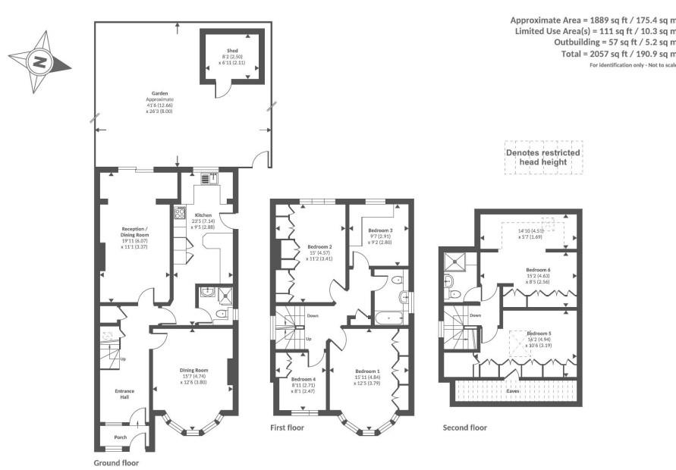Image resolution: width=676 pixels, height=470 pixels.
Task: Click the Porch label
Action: (120, 437)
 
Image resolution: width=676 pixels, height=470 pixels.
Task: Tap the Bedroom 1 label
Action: (366, 371)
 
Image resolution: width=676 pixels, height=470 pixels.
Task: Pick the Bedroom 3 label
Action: (380, 230)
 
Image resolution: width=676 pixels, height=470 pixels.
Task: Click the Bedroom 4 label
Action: (303, 379)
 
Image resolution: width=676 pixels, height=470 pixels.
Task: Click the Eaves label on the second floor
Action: (513, 392)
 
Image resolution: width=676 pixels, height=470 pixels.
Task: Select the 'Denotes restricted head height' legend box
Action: (542, 158)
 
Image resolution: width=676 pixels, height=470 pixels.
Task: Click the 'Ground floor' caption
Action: (116, 462)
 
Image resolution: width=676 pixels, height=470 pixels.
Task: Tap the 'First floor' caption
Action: (288, 428)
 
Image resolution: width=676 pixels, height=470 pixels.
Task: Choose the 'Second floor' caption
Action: (464, 428)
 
